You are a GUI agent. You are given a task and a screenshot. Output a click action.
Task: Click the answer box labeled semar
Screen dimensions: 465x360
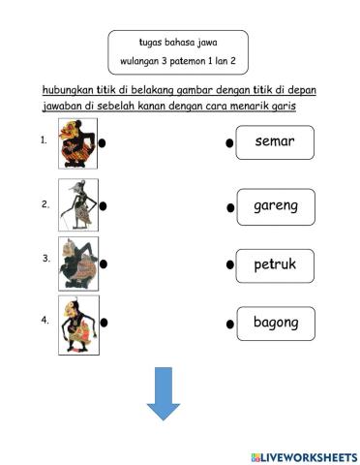click(275, 142)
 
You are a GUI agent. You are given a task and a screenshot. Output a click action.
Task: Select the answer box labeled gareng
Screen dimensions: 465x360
click(276, 206)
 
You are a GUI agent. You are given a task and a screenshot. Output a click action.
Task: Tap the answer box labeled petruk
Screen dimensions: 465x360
click(275, 263)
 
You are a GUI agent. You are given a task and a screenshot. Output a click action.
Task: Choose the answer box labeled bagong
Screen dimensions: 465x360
click(276, 323)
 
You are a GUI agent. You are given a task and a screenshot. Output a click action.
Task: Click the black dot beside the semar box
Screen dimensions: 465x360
click(229, 144)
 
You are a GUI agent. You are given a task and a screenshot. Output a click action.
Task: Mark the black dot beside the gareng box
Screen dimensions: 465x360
click(230, 207)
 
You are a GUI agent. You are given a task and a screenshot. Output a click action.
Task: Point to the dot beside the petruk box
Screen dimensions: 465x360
click(229, 264)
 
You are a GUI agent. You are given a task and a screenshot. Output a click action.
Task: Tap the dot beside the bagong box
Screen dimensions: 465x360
click(229, 324)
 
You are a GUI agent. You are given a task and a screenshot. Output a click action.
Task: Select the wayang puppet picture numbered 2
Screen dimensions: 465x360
click(77, 203)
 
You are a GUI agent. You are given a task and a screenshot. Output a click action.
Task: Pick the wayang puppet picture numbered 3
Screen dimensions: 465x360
click(77, 263)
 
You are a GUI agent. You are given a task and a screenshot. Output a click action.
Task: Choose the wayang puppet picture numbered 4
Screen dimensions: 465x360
click(77, 323)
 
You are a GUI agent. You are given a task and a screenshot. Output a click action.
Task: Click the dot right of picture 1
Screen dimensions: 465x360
click(103, 143)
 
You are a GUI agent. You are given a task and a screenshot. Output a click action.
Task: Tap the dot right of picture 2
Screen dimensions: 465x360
click(103, 204)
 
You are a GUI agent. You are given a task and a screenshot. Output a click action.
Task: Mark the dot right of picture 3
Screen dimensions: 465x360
click(103, 263)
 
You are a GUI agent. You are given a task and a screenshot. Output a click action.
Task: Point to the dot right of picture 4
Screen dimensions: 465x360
click(103, 322)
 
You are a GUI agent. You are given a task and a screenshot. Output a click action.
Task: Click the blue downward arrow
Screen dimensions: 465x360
click(164, 392)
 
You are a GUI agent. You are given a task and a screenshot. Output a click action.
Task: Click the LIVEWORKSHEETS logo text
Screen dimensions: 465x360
click(303, 455)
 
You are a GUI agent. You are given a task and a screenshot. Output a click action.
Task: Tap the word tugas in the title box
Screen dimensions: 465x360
click(151, 43)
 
